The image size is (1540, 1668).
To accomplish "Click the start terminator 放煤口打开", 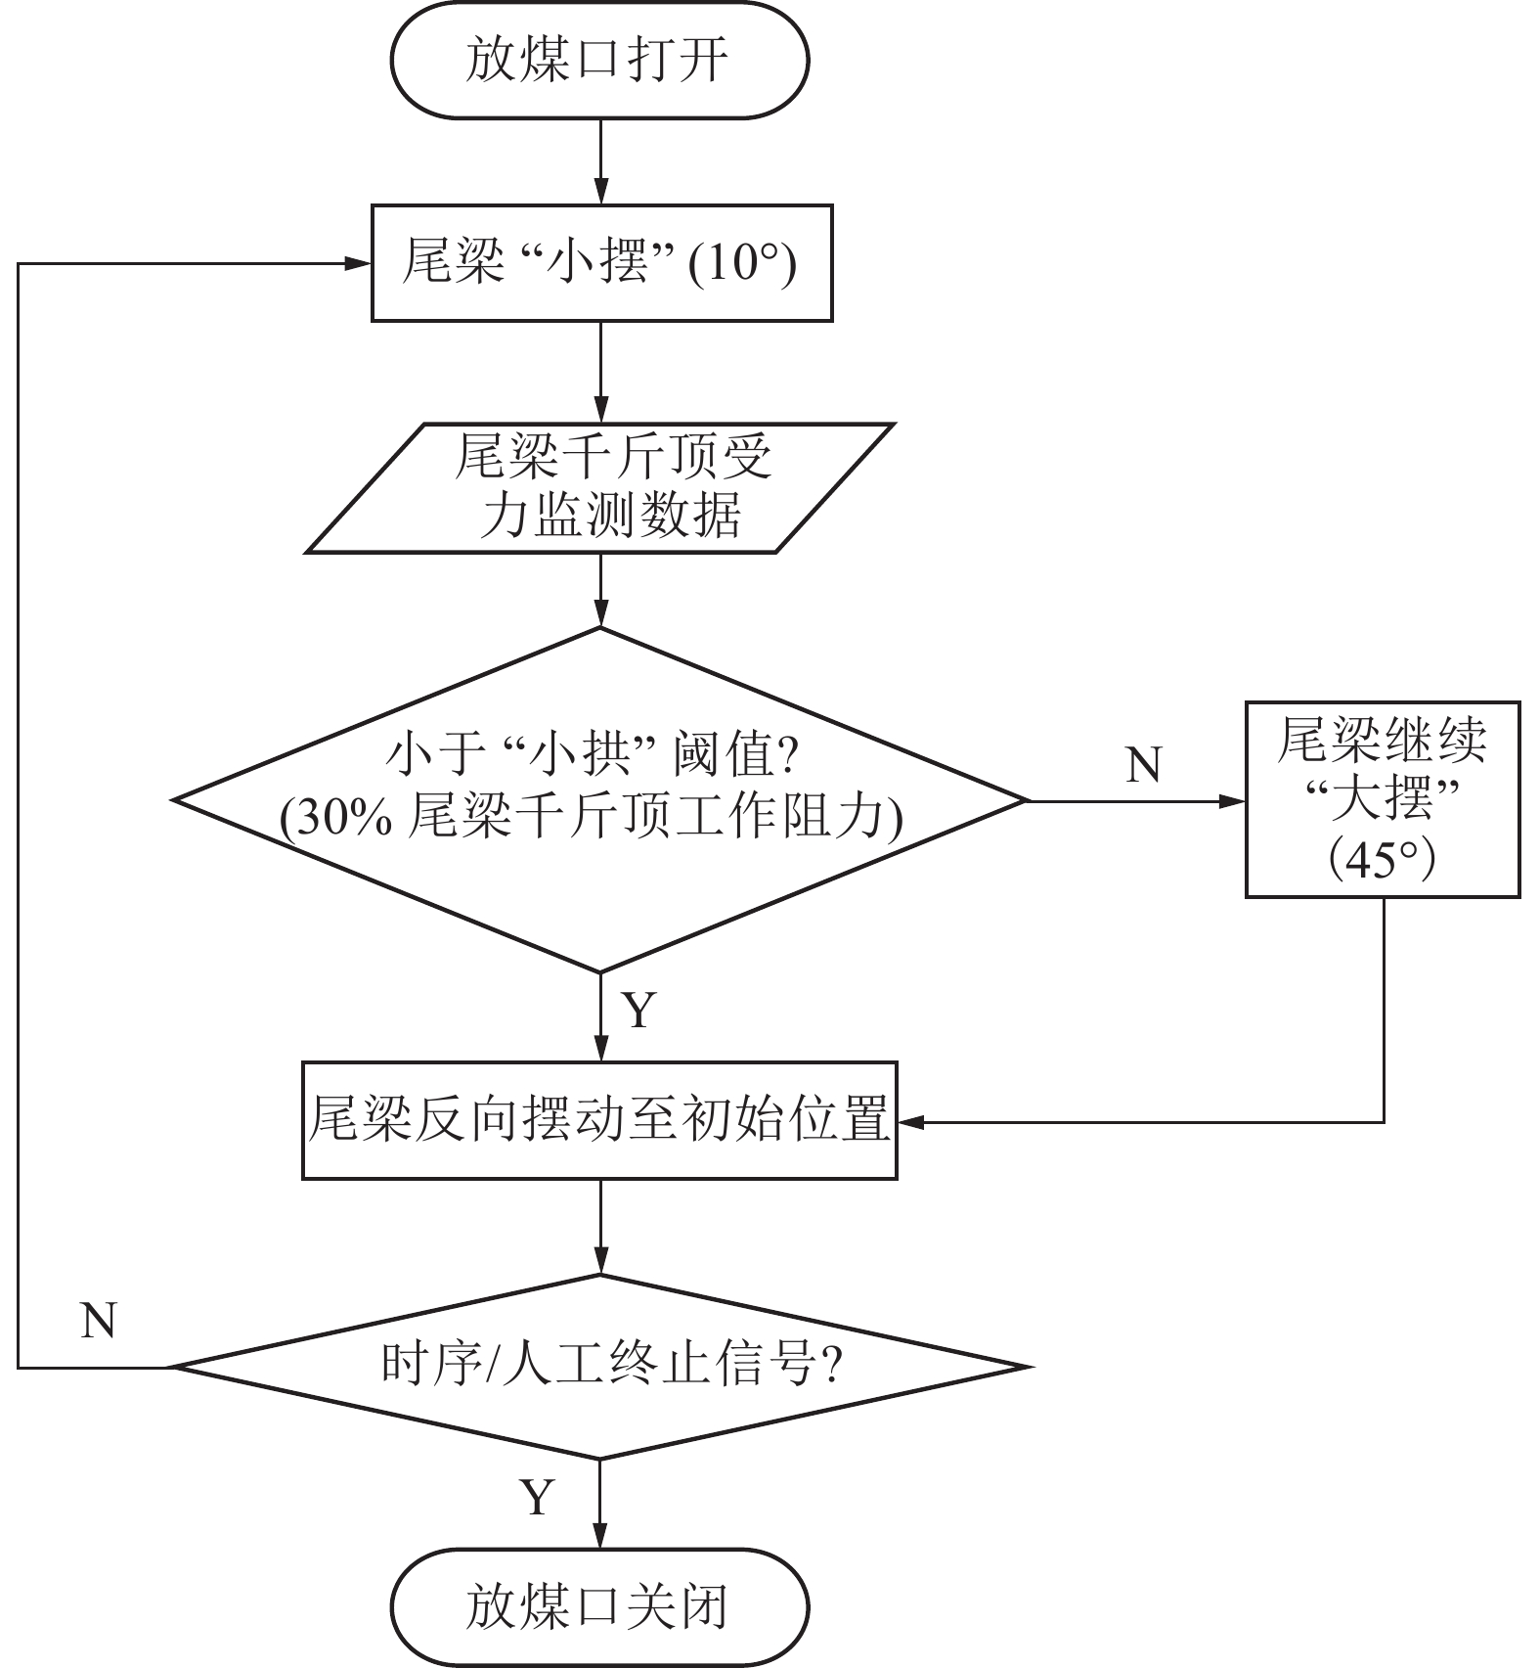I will click(599, 61).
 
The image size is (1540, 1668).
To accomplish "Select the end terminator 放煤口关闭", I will click(599, 1606).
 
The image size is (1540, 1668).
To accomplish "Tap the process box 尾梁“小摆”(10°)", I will click(601, 263).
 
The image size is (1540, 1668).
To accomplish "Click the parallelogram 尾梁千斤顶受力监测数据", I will click(600, 488).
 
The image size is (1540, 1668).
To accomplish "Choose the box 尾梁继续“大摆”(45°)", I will click(1382, 799).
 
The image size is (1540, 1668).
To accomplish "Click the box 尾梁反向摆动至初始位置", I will click(599, 1120).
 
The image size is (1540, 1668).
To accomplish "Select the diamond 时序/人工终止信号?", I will click(600, 1366).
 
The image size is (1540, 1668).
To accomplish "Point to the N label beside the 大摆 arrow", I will click(1144, 765).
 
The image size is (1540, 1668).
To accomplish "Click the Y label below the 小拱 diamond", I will click(638, 1010).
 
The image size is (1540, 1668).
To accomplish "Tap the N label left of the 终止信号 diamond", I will click(99, 1321).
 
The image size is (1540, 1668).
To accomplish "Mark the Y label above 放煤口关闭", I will click(537, 1498).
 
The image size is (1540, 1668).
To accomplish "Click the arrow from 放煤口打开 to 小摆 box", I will click(600, 161).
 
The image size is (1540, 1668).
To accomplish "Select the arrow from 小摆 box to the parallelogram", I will click(600, 372).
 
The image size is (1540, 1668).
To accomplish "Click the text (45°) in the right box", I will click(1381, 860).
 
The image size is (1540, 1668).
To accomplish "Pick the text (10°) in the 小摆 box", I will click(742, 264).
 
